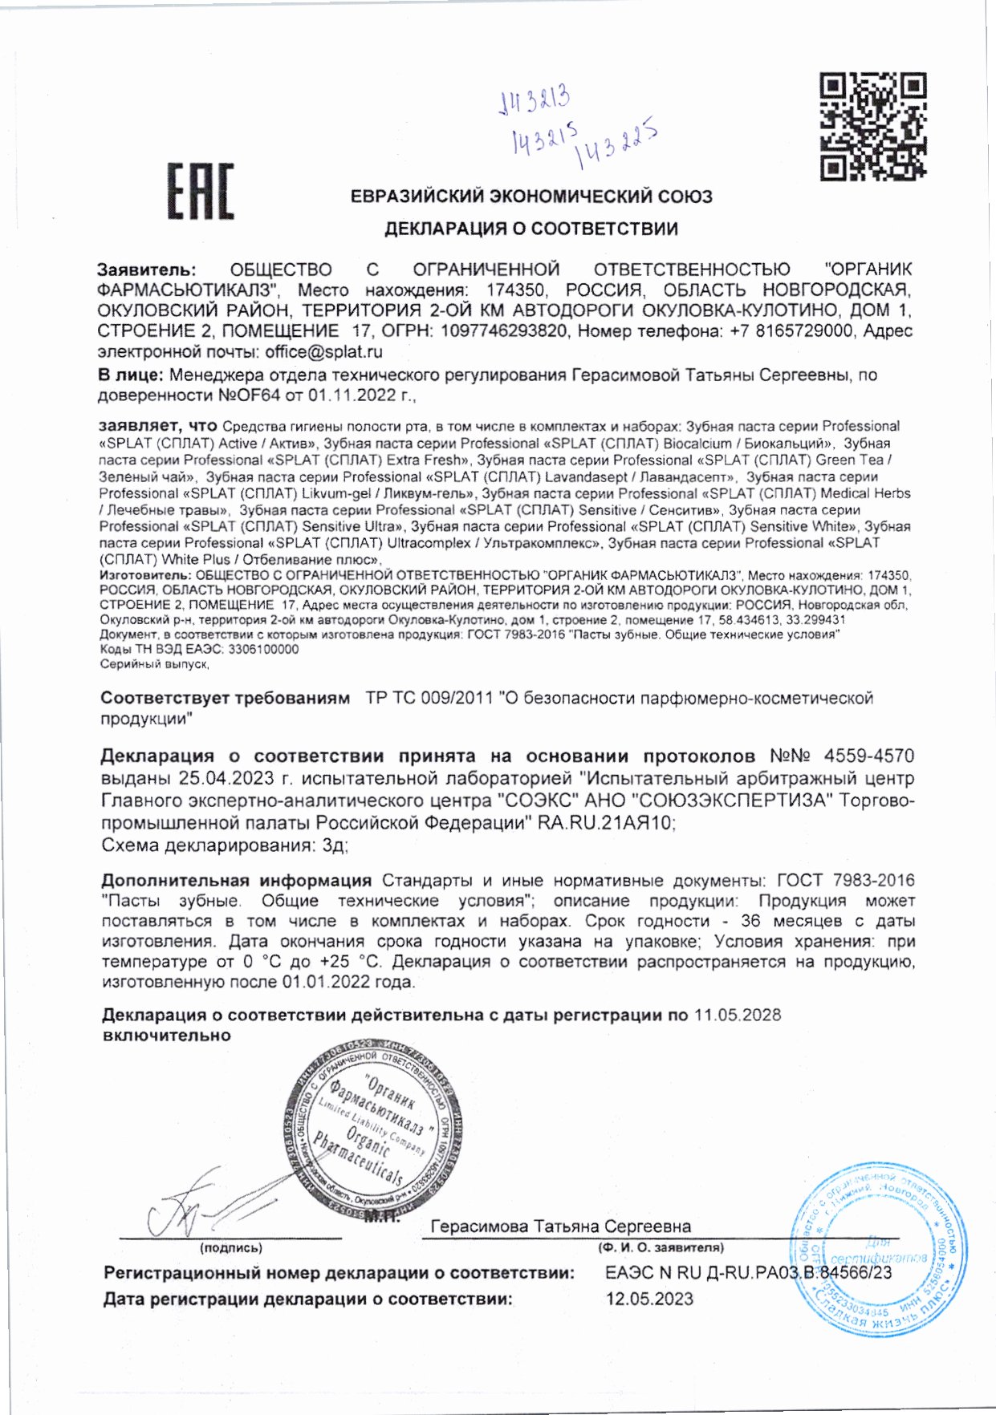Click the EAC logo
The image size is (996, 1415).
pos(200,192)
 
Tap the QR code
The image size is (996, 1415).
pos(873,127)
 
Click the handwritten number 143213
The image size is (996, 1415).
pos(535,101)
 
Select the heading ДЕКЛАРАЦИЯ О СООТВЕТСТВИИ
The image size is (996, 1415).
pos(531,229)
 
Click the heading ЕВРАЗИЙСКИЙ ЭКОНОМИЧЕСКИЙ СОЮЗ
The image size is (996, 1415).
pos(531,197)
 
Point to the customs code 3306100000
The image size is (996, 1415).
pos(263,650)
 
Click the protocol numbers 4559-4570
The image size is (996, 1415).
pos(869,756)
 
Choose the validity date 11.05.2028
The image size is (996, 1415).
pos(738,1016)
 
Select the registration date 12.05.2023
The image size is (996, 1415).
pos(649,1299)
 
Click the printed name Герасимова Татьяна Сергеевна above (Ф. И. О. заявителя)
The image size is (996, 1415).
pos(560,1227)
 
